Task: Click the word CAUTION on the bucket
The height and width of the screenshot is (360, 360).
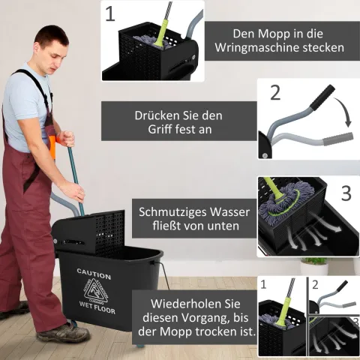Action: [94, 274]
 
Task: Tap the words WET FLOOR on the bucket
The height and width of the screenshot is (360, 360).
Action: [97, 307]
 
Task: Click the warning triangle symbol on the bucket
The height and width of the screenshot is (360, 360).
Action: [96, 291]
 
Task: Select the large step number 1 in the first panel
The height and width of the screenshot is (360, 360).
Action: [110, 13]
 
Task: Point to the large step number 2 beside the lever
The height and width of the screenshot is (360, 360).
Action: [275, 92]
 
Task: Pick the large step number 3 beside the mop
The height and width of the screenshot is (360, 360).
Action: [346, 193]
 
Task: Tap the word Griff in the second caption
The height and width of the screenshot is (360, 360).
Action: [159, 129]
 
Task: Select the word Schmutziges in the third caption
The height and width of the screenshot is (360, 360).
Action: [172, 212]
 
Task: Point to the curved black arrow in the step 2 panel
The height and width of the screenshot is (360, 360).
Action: [344, 111]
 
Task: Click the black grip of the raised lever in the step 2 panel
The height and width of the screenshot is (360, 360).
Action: [322, 97]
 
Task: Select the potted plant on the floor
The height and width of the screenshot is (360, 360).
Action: [314, 266]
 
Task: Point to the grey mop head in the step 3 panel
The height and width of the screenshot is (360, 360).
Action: [283, 202]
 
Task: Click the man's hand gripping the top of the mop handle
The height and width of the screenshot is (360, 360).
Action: [66, 139]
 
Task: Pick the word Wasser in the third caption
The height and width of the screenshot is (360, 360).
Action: [229, 212]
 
